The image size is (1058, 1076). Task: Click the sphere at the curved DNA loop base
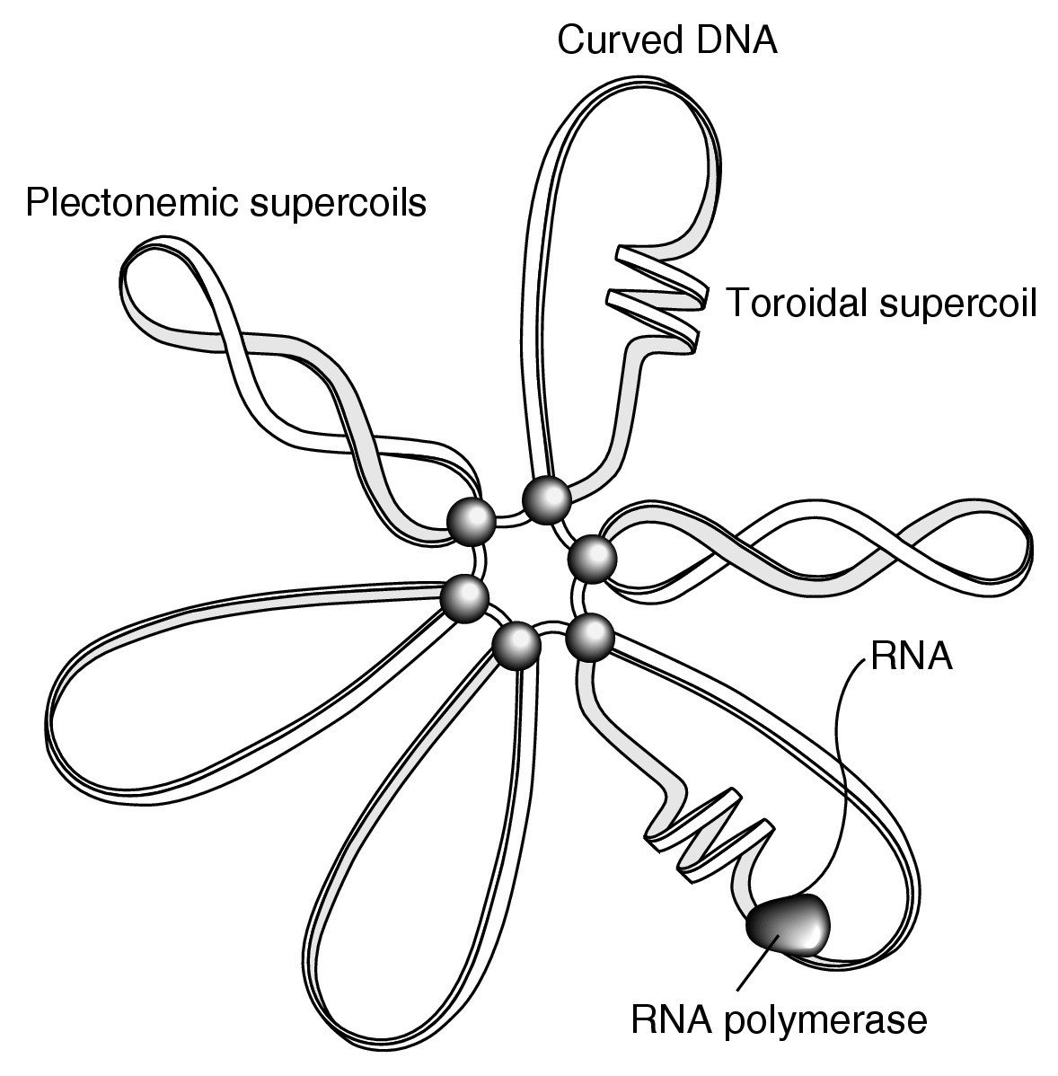(547, 498)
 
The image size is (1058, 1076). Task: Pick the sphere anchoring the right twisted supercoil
(594, 558)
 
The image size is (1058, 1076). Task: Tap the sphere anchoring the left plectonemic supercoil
(472, 521)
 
